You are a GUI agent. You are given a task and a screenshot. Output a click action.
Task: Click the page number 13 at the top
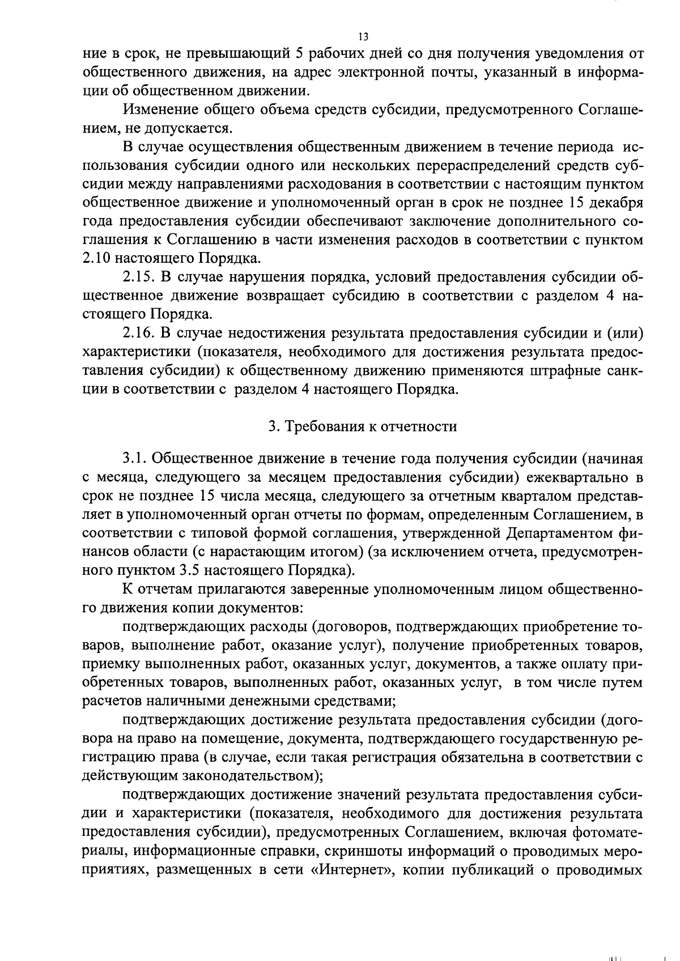363,37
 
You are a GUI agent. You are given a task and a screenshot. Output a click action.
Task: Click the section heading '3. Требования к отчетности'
363,426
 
